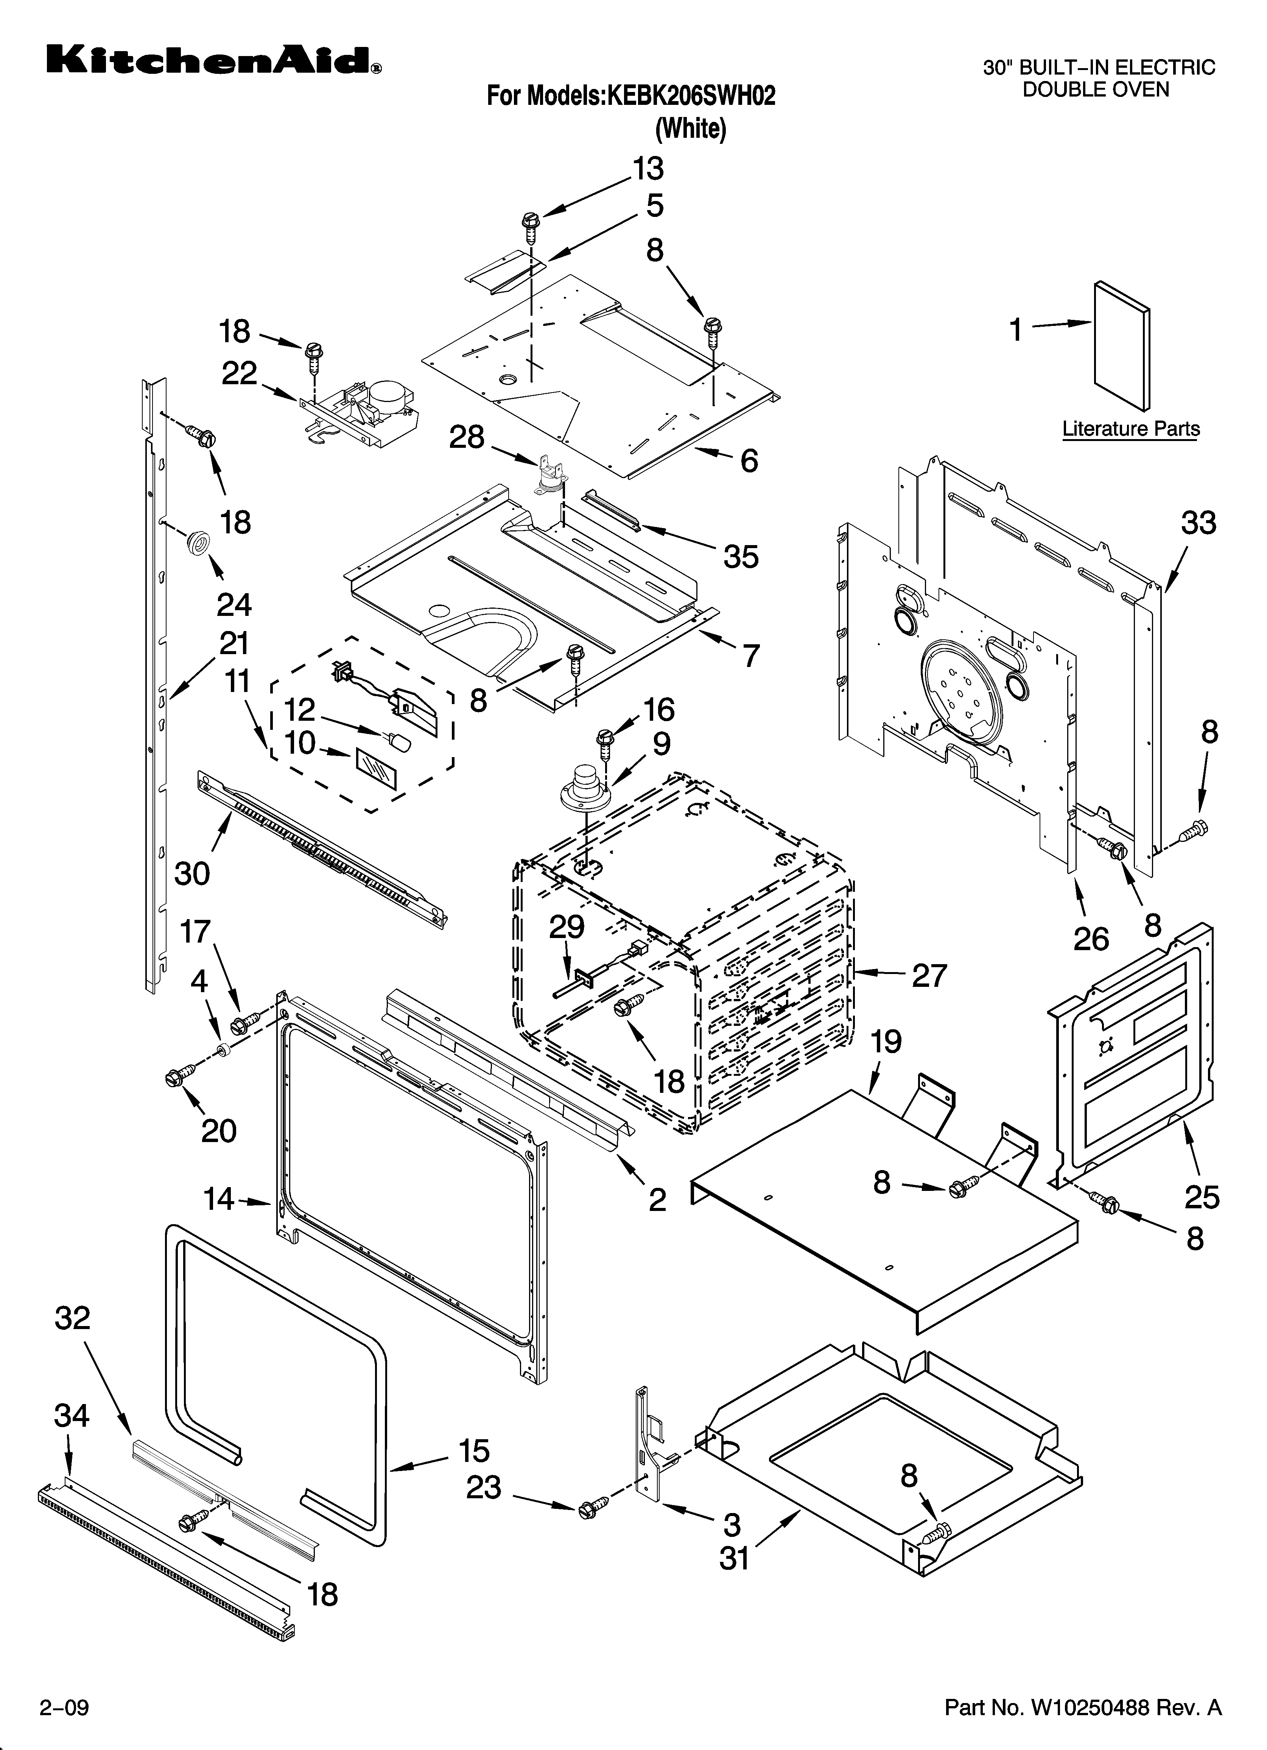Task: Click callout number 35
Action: point(741,556)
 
